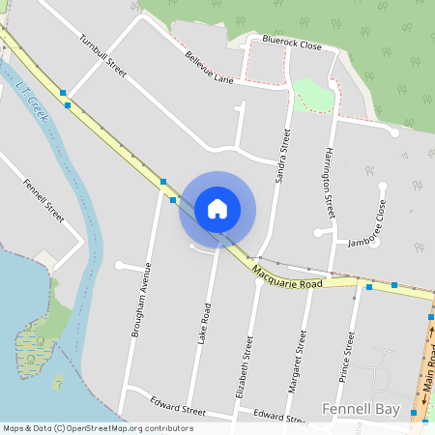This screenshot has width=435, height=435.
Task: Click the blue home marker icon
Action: [x=217, y=209]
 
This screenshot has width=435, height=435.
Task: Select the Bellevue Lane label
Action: [x=211, y=69]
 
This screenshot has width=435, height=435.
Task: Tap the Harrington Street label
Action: [x=330, y=177]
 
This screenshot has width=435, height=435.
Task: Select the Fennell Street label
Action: [x=43, y=200]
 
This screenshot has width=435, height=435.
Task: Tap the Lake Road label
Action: [x=204, y=325]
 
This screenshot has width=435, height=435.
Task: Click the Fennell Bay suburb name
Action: [x=361, y=410]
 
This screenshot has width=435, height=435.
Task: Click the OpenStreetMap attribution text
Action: [x=99, y=428]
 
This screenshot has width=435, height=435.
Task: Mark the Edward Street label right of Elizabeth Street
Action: [x=281, y=416]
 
